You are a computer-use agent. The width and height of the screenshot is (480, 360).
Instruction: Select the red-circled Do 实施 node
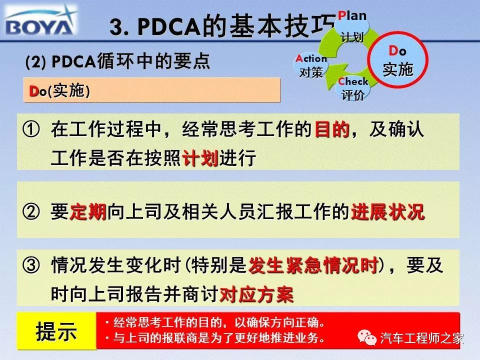point(397,60)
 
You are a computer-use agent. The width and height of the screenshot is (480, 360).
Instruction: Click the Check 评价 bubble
point(353,88)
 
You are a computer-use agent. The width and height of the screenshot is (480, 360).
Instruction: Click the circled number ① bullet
point(31,130)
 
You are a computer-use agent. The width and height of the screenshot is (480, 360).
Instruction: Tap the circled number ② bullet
point(31,212)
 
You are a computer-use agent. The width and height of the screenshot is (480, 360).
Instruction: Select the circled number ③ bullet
point(31,265)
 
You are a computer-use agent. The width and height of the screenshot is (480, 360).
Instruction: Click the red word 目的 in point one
point(332,130)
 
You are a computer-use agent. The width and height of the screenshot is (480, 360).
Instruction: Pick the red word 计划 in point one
point(200,158)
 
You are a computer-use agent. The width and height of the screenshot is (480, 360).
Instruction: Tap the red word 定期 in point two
point(88,212)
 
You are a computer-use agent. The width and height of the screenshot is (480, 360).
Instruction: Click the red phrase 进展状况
point(388,212)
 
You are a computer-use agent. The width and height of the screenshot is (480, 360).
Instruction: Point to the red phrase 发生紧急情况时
point(313,265)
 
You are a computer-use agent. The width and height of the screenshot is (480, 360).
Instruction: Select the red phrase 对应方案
point(256,294)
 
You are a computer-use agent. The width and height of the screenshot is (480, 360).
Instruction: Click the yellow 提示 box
point(56,331)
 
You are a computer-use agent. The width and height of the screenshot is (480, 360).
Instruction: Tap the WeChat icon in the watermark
point(367,338)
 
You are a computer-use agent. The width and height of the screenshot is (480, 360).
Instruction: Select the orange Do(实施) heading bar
point(152,90)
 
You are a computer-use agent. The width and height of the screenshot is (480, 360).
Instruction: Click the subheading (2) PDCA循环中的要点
point(118,61)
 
